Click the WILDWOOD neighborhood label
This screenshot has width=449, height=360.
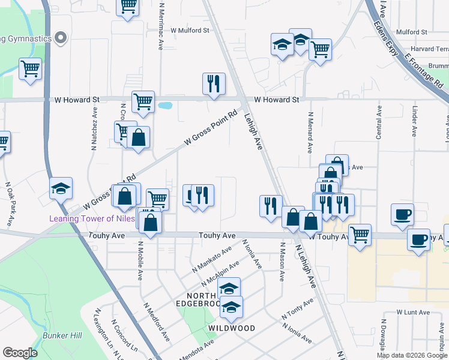pos(231,329)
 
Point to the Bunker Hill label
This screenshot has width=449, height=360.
pos(62,335)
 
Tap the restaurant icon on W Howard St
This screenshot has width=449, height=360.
pos(213,85)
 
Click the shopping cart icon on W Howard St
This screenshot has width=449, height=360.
pos(143,102)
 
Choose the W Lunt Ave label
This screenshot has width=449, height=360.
pos(413,313)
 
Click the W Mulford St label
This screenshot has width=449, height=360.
pos(189,29)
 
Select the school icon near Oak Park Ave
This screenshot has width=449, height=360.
pos(61,188)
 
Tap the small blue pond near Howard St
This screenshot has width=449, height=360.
pos(164,106)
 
